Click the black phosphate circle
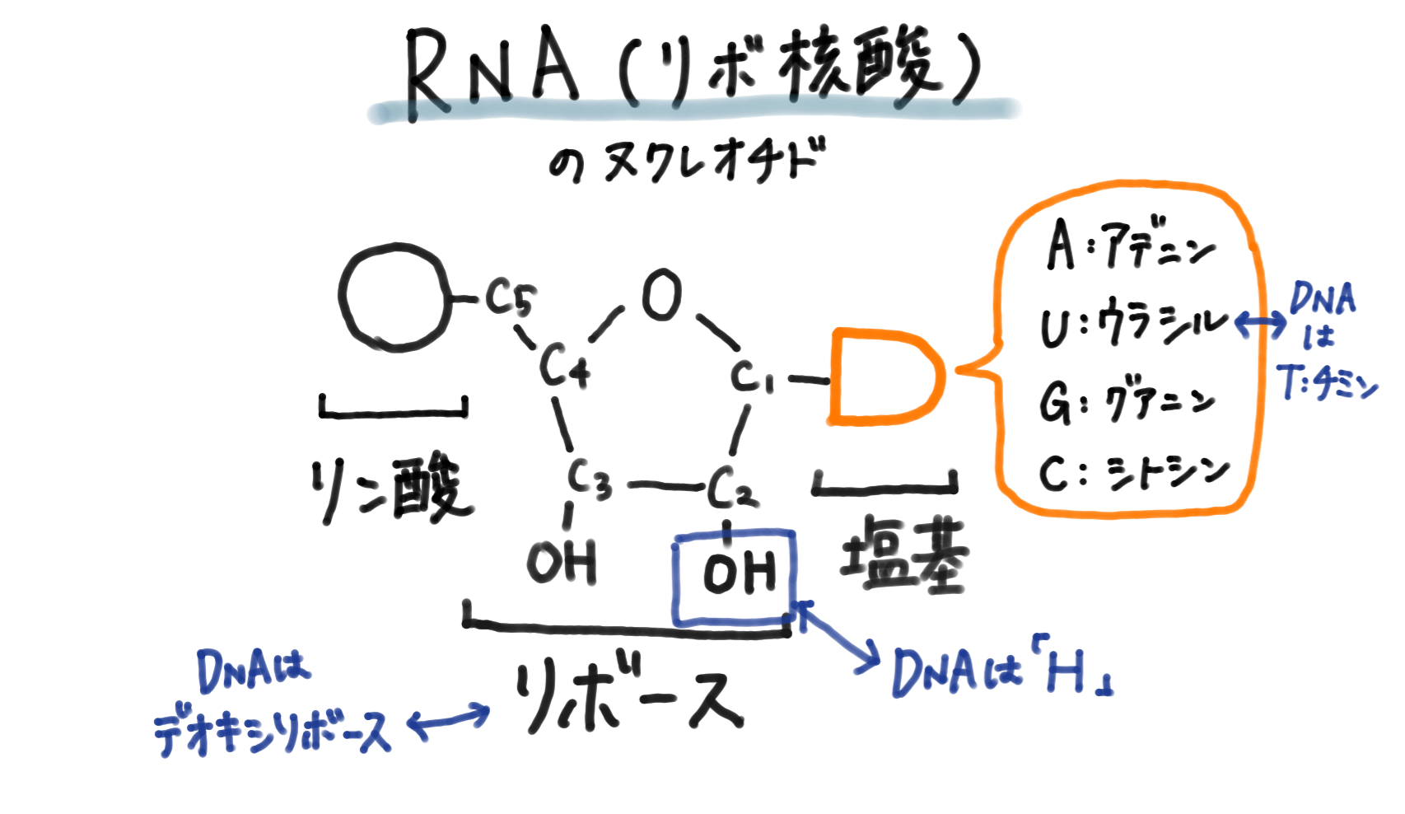[x=395, y=297]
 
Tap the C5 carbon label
[x=510, y=298]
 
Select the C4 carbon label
[x=565, y=367]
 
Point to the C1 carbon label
[x=752, y=378]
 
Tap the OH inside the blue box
[x=739, y=573]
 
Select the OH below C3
[x=562, y=563]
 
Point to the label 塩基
[x=903, y=554]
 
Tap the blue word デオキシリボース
[x=272, y=732]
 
